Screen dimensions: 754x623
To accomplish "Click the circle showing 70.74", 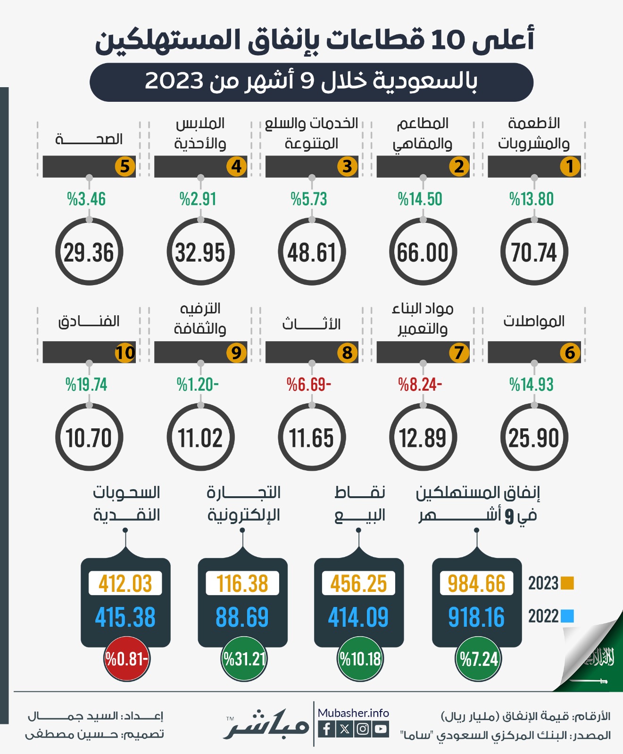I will pos(534,252).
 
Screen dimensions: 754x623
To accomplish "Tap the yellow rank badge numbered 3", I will pos(347,166).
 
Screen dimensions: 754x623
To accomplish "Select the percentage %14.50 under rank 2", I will pos(420,199).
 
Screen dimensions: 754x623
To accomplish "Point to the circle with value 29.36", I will pos(89,252).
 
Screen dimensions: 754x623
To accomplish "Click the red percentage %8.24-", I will pos(420,385).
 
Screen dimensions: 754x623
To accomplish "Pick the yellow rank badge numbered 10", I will pos(125,352).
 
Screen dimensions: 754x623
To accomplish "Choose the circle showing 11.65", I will pos(312,438).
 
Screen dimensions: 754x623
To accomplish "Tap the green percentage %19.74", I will pos(86,385).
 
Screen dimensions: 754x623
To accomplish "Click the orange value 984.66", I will pos(476,583).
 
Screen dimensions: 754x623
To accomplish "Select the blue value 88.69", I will pos(242,617).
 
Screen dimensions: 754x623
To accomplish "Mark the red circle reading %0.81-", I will pos(126,659).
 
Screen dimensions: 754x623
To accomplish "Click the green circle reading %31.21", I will pos(244,659).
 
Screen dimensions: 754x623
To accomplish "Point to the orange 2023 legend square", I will pos(567,583).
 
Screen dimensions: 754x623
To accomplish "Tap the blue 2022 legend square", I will pos(567,616).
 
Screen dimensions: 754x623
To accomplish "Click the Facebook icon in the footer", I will pos(326,729).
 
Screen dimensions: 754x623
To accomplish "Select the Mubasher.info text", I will pos(353,713).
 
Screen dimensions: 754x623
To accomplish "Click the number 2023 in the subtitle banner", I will pos(174,81).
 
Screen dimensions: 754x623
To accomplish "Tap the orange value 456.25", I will pos(358,583).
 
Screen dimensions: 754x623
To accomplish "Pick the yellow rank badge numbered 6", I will pos(570,352).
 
